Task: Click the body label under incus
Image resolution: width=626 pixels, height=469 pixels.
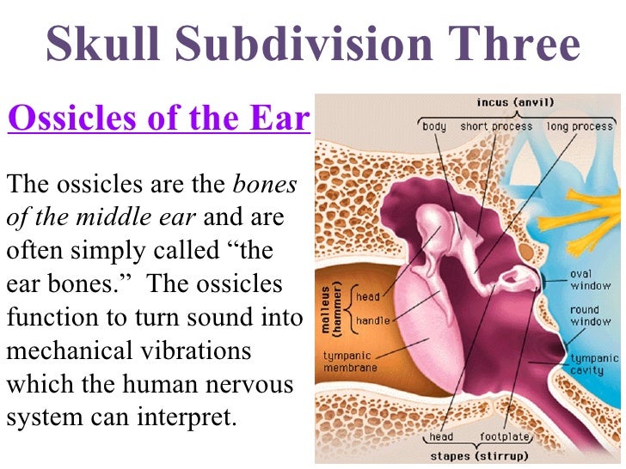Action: click(434, 126)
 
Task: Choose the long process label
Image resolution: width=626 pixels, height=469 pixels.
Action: click(579, 126)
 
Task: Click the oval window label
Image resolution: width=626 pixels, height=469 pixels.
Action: click(590, 280)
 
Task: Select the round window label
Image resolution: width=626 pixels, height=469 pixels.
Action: click(590, 316)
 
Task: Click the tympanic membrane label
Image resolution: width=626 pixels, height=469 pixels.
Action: click(351, 361)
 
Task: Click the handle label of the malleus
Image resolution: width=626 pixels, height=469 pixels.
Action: click(372, 320)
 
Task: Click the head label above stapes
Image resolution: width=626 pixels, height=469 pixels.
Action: click(442, 435)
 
